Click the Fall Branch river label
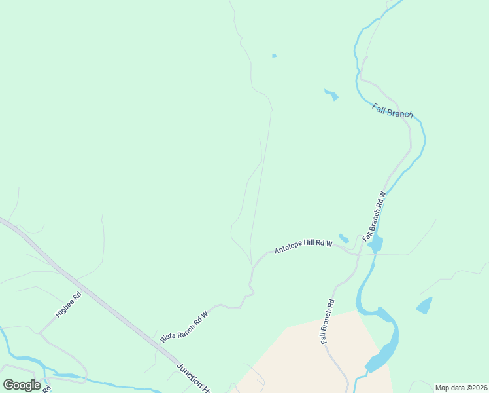coord(393,111)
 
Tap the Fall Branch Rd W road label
coord(375,214)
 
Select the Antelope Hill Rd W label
coord(303,247)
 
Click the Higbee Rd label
coord(68,305)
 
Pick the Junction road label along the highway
coord(192,377)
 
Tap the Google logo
coord(22,384)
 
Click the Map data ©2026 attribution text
coord(461,388)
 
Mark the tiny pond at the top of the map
coord(274,56)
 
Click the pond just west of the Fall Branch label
coord(331,95)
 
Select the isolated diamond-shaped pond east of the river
coord(424,305)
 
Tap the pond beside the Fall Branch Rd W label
coord(375,244)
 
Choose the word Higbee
coord(65,308)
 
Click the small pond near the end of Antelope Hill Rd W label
coord(343,238)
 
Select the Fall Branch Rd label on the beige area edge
coord(328,322)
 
